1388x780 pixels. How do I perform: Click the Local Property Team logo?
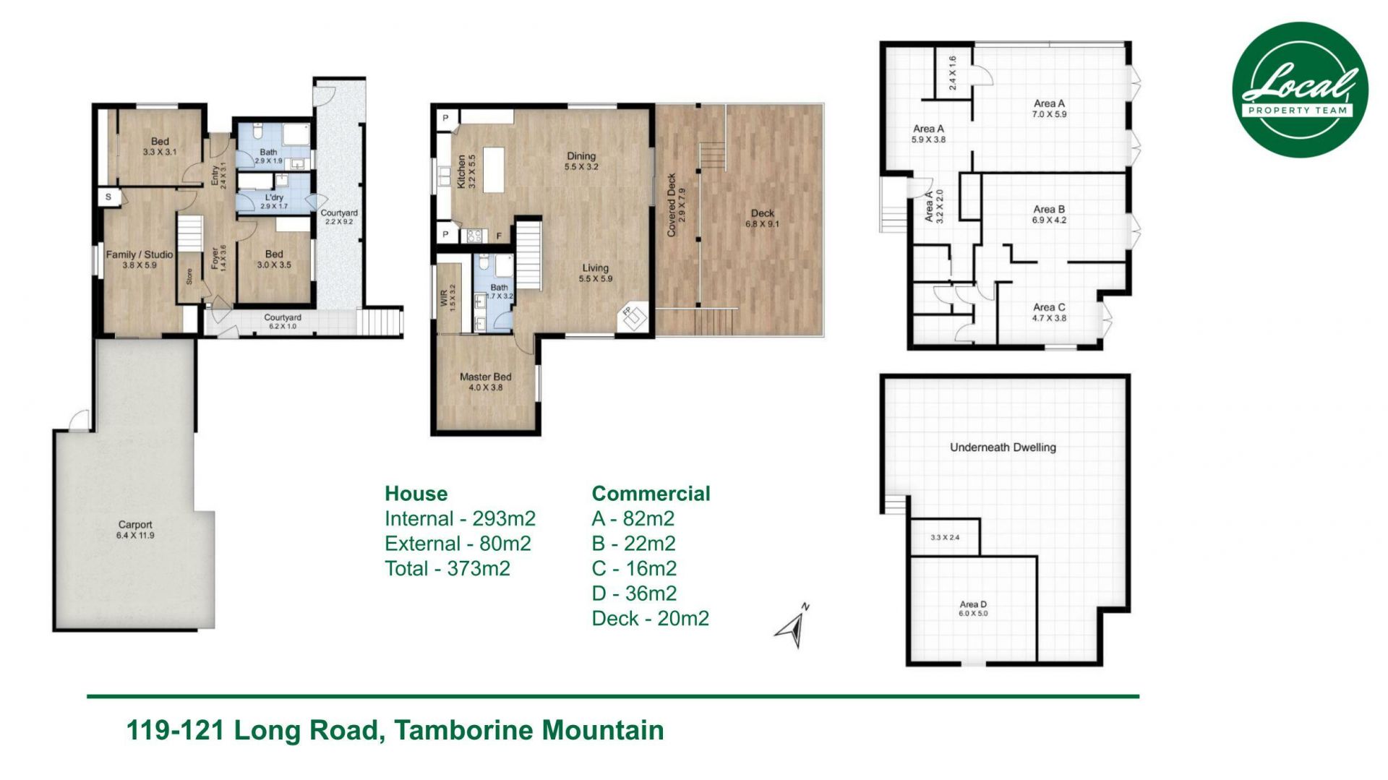click(x=1299, y=90)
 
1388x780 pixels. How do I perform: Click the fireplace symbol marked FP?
click(x=633, y=315)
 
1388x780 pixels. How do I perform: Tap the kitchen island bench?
click(x=493, y=170)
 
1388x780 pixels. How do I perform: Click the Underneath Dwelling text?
click(x=1003, y=447)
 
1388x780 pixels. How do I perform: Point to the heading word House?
click(x=416, y=494)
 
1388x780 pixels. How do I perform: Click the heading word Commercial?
click(x=651, y=494)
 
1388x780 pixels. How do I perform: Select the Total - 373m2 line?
click(x=447, y=569)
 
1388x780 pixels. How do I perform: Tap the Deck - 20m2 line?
click(x=650, y=619)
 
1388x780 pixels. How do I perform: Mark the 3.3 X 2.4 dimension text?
click(x=945, y=537)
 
